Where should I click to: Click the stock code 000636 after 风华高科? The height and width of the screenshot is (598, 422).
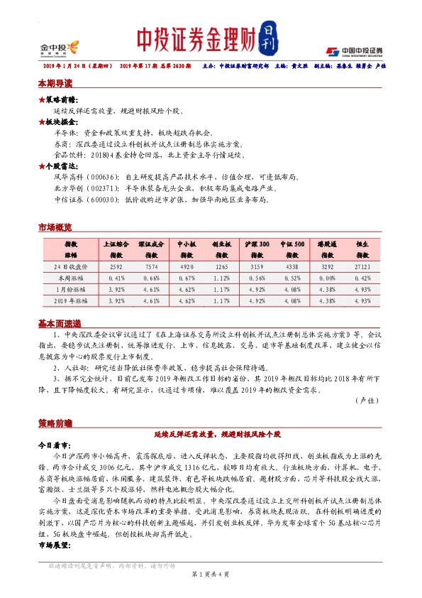click(x=104, y=175)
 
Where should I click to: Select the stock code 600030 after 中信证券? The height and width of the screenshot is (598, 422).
click(x=104, y=200)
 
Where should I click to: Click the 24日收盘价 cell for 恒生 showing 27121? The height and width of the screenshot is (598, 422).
click(x=363, y=267)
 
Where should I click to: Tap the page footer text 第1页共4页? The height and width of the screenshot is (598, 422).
click(x=211, y=573)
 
